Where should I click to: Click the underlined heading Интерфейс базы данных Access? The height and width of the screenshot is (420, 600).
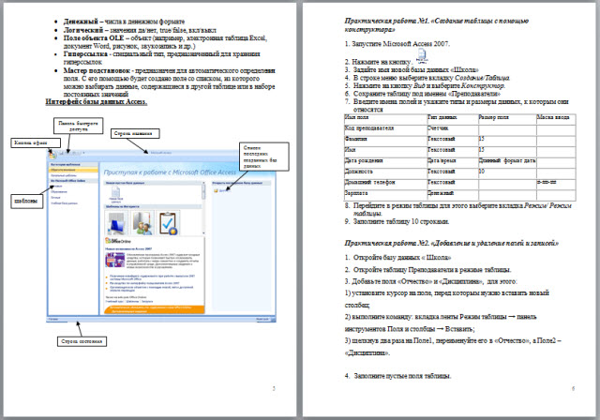coord(97,101)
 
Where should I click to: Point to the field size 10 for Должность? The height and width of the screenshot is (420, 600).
coord(482,171)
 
